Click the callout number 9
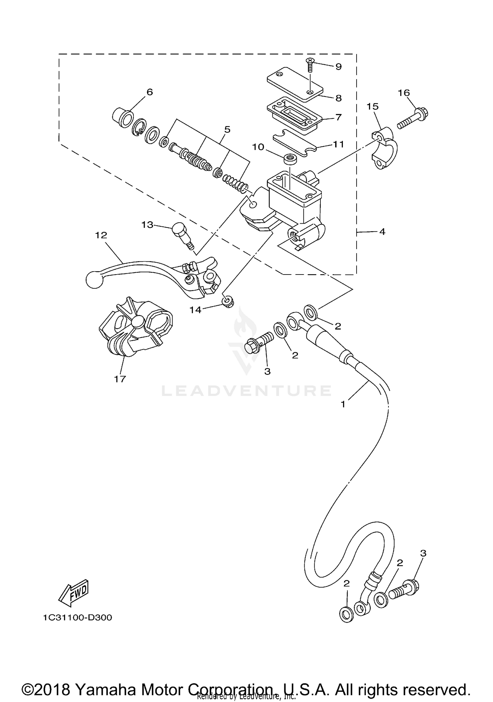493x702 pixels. click(x=338, y=67)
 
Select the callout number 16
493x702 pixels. click(x=404, y=93)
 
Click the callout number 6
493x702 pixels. click(x=150, y=92)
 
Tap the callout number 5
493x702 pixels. click(x=227, y=129)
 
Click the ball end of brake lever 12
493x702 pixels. click(x=93, y=280)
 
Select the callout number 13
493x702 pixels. click(x=147, y=225)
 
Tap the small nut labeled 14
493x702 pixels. click(x=226, y=301)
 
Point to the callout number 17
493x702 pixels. click(x=120, y=379)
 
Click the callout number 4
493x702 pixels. click(x=382, y=232)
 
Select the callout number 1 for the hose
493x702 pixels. click(x=343, y=404)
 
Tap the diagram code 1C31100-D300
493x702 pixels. click(x=77, y=617)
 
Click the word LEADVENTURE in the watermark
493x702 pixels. click(x=246, y=391)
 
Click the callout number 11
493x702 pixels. click(x=338, y=144)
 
